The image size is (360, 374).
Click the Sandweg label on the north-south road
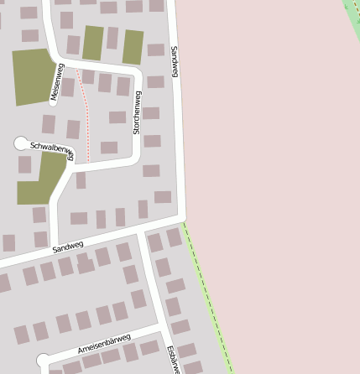point(175,63)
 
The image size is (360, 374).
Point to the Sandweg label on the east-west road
point(68,246)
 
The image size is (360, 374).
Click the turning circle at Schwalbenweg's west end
point(21,143)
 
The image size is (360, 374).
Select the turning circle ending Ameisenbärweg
point(43,361)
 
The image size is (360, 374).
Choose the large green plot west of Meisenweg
point(33,75)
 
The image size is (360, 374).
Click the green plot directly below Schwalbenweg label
point(42,179)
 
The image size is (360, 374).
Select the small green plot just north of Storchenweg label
point(133,47)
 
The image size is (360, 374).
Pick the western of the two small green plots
point(92,43)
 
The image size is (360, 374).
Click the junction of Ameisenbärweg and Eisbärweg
point(160,323)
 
